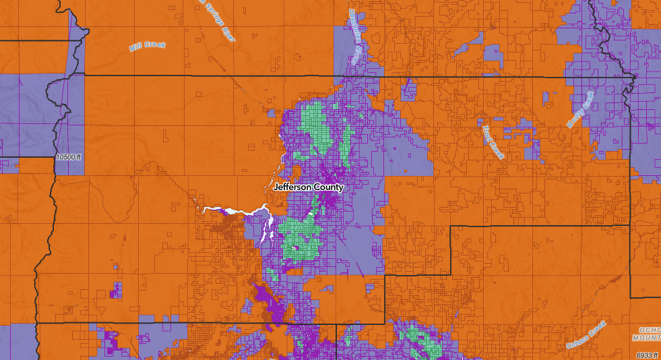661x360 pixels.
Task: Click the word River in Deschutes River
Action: (x=355, y=54)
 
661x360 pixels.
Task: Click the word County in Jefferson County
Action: (x=329, y=187)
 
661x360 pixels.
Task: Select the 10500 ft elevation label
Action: (x=69, y=157)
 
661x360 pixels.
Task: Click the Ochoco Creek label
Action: (x=586, y=334)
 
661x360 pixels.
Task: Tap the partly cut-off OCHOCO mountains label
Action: (x=648, y=332)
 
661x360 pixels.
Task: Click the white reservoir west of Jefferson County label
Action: (x=232, y=212)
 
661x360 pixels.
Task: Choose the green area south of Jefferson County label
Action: (x=300, y=236)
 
